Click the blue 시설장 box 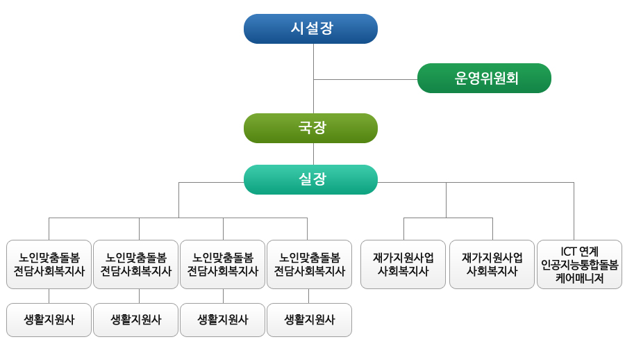click(x=310, y=28)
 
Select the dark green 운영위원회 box click(x=484, y=79)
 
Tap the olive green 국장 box click(x=310, y=128)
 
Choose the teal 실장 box click(x=310, y=179)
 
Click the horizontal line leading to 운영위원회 click(x=365, y=79)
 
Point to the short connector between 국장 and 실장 click(x=314, y=154)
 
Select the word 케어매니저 click(x=580, y=278)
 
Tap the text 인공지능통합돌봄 click(x=580, y=265)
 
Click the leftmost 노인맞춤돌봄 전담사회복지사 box click(x=49, y=264)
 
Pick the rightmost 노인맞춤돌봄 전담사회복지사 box click(x=309, y=264)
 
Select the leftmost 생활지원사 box click(x=49, y=320)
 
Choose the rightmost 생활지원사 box click(x=309, y=320)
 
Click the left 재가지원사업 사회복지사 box click(x=403, y=264)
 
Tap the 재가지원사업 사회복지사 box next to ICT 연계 click(x=492, y=264)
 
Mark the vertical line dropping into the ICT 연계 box click(x=574, y=211)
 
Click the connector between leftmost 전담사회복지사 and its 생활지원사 click(x=49, y=296)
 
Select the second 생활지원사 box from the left click(x=135, y=320)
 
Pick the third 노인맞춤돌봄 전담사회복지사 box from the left click(x=222, y=264)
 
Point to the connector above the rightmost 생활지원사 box click(x=308, y=296)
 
